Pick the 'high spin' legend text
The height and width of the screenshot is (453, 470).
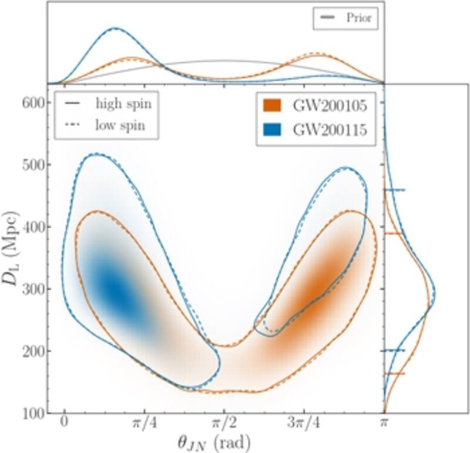pos(124,105)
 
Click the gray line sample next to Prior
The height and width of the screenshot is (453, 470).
pos(327,19)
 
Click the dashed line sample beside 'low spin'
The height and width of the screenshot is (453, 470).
pos(73,125)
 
